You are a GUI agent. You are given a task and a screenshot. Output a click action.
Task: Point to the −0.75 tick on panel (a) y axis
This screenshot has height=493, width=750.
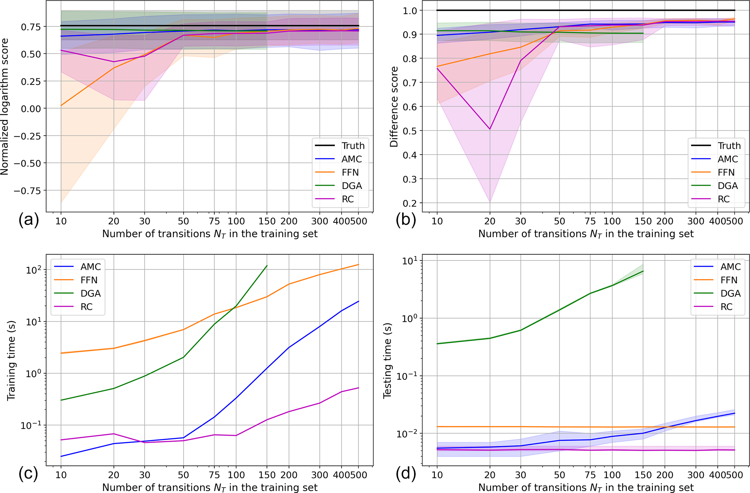point(27,190)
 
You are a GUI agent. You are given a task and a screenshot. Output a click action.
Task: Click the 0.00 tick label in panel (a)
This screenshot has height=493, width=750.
point(31,108)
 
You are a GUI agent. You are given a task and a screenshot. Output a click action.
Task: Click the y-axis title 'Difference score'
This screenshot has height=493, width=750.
point(394,107)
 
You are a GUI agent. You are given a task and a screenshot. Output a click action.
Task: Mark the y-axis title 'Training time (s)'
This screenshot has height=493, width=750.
point(11,360)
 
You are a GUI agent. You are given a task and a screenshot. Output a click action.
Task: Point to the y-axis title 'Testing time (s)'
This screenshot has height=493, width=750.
point(388,360)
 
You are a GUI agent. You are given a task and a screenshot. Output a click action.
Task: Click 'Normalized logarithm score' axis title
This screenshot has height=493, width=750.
point(5,107)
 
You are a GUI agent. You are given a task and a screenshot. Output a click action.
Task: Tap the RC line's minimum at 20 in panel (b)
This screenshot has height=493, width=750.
point(490,129)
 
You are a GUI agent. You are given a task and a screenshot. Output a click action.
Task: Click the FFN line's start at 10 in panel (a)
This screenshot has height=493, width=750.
point(61,106)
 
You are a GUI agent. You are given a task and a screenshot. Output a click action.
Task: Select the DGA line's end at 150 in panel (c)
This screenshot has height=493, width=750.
point(267,266)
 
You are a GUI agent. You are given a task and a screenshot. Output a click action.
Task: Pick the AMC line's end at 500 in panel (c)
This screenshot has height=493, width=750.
point(358,301)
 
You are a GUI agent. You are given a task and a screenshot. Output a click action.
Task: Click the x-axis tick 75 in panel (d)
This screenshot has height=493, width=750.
point(590,475)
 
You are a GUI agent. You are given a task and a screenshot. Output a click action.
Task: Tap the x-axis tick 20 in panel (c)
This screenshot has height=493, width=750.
point(114,475)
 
